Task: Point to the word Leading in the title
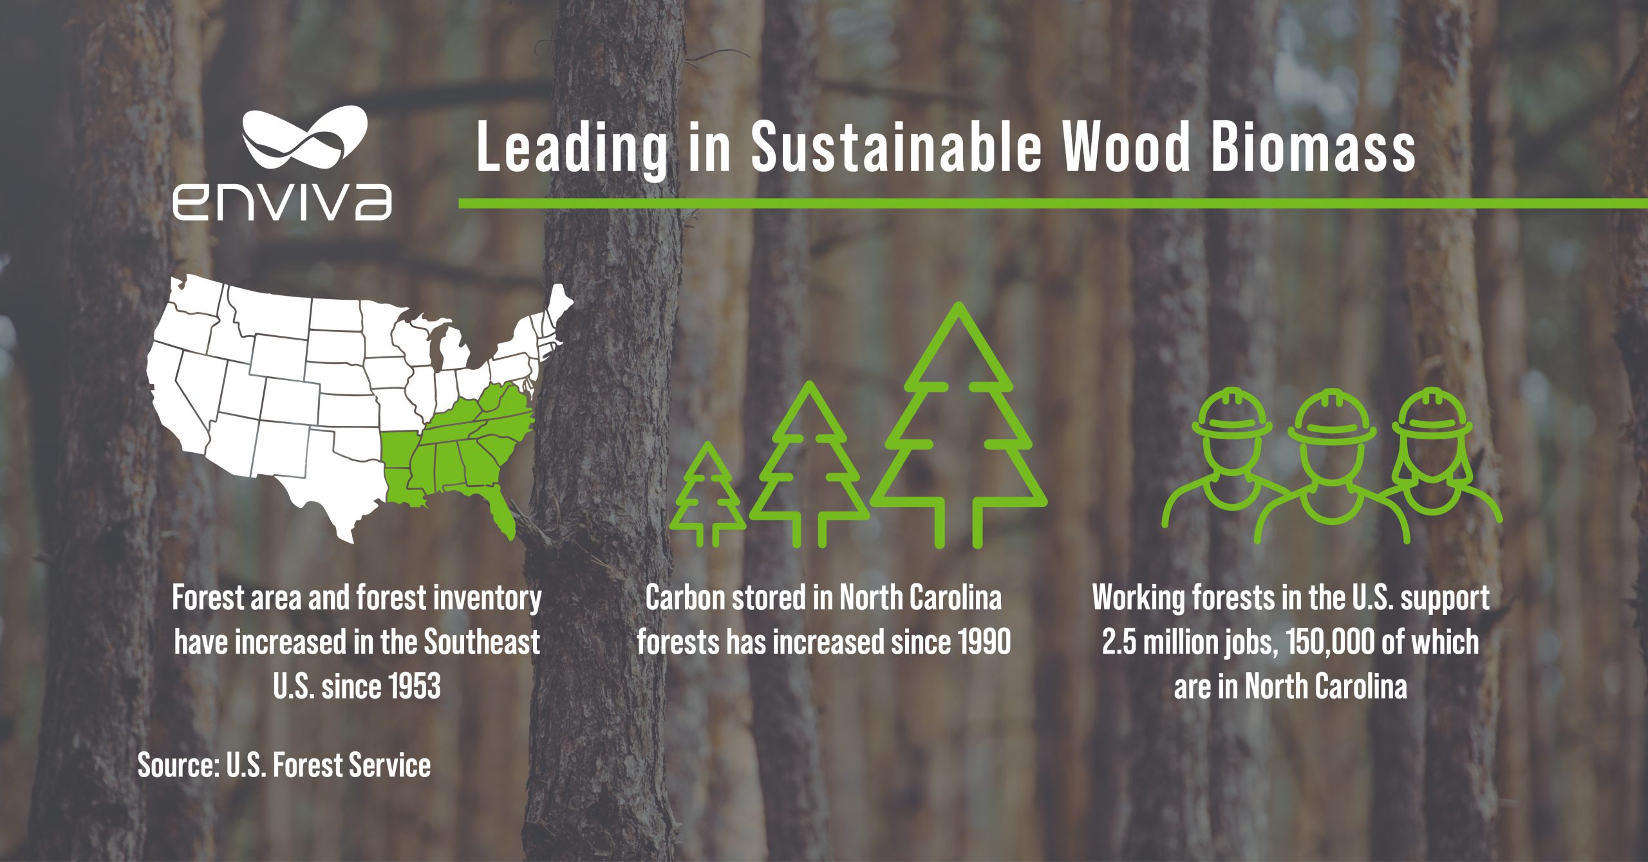tap(572, 150)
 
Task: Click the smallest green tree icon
tap(708, 494)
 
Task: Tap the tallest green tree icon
tap(959, 425)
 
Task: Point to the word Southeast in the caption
tap(482, 642)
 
